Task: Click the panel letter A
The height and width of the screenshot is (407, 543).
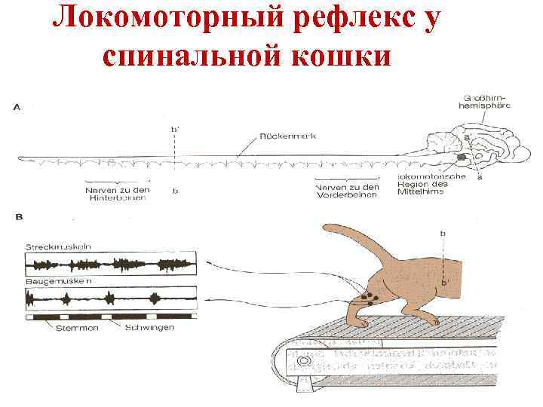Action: [x=17, y=108]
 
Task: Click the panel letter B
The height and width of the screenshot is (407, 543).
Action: [x=18, y=218]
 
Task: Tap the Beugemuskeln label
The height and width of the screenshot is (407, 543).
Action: [x=58, y=281]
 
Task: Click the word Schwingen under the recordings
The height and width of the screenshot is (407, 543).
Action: [x=150, y=328]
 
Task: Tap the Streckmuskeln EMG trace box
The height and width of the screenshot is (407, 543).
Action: [x=111, y=264]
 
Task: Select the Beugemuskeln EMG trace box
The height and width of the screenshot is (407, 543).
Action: [x=111, y=298]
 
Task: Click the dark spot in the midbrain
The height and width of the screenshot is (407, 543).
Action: [x=460, y=158]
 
